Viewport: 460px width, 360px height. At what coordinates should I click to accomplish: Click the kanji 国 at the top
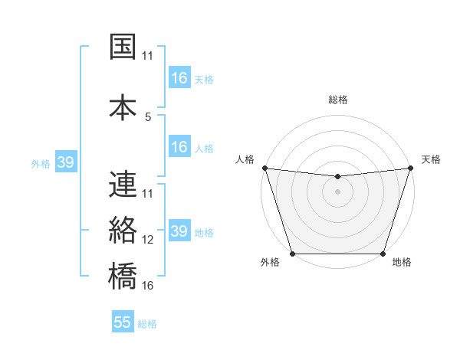[123, 47]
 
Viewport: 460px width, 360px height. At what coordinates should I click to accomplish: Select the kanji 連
[123, 185]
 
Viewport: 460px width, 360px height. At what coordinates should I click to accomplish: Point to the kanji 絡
[123, 230]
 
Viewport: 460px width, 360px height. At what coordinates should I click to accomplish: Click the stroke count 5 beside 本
[148, 117]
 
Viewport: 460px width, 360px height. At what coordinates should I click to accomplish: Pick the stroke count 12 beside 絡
[148, 240]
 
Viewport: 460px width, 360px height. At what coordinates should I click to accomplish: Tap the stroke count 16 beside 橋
[148, 286]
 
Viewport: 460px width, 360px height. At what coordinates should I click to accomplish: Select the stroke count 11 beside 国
[148, 56]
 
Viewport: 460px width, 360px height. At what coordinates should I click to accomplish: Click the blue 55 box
[123, 322]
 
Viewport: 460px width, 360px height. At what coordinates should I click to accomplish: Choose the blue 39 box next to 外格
[65, 162]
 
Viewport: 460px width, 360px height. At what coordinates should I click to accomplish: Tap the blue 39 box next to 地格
[179, 231]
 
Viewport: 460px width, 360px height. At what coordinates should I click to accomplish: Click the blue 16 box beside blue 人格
[179, 147]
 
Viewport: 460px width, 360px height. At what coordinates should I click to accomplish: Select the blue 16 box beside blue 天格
[179, 78]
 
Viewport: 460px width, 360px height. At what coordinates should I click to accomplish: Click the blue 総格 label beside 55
[148, 324]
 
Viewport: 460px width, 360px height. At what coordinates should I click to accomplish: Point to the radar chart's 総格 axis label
[337, 100]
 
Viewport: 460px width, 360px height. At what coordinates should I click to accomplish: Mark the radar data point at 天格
[410, 168]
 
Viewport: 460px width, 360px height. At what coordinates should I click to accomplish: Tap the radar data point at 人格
[264, 168]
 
